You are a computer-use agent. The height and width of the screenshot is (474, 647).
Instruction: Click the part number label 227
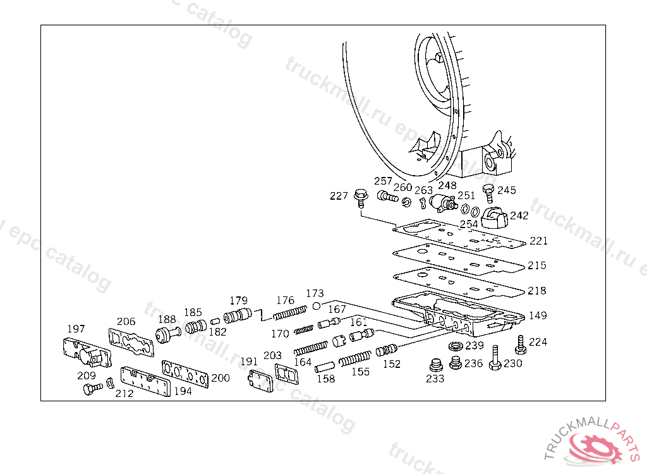pyautogui.click(x=339, y=197)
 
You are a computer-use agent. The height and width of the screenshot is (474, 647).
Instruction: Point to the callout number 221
pyautogui.click(x=538, y=241)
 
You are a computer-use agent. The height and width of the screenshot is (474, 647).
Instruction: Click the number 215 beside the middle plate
pyautogui.click(x=537, y=266)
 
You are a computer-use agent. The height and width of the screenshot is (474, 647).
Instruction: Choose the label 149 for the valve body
pyautogui.click(x=538, y=315)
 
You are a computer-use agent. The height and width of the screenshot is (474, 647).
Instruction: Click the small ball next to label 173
pyautogui.click(x=316, y=307)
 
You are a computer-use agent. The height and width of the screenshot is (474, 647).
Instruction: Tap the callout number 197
pyautogui.click(x=76, y=329)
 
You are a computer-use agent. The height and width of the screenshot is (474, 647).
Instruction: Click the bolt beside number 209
pyautogui.click(x=92, y=389)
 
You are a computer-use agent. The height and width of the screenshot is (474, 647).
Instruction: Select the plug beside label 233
pyautogui.click(x=434, y=366)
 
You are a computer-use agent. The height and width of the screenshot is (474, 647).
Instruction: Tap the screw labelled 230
pyautogui.click(x=495, y=359)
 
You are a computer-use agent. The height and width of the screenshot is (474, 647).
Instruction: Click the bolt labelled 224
pyautogui.click(x=521, y=345)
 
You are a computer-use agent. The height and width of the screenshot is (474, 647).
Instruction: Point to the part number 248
pyautogui.click(x=447, y=186)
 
